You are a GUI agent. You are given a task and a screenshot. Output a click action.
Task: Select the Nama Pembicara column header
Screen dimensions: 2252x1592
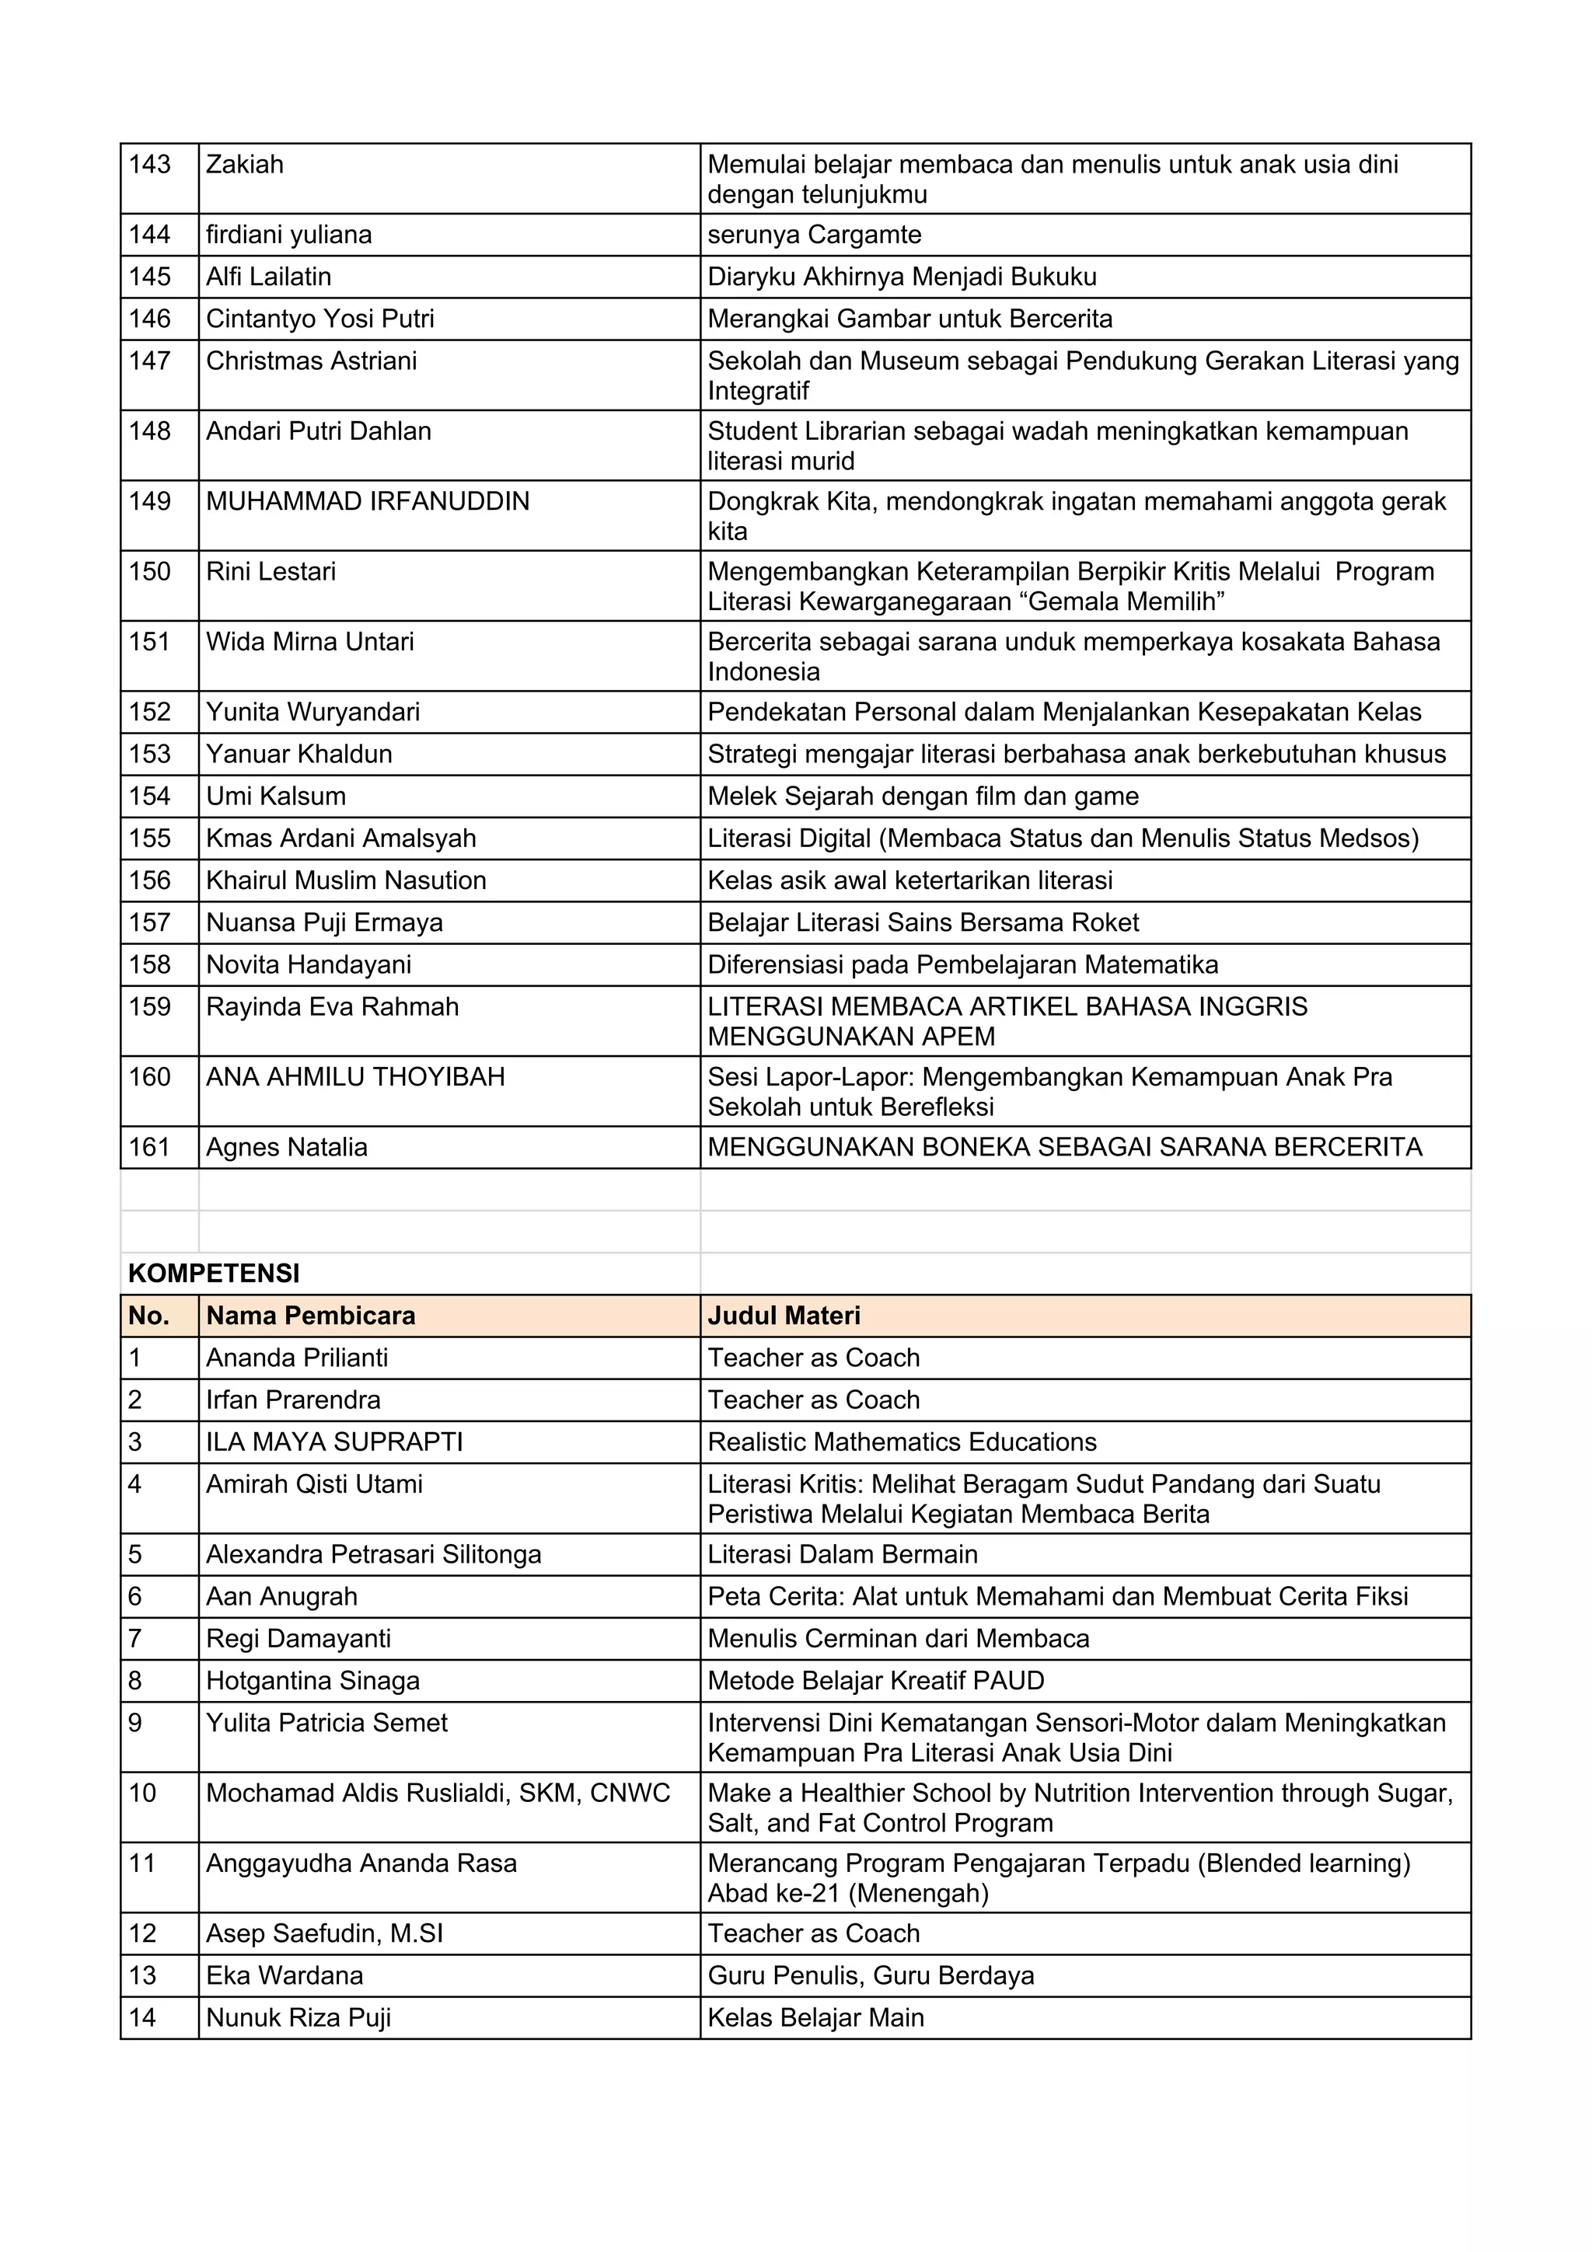tap(310, 1316)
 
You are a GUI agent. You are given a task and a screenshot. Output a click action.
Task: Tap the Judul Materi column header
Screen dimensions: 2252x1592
tap(784, 1316)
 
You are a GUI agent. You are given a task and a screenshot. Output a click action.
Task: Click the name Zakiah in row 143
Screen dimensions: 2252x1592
tap(244, 164)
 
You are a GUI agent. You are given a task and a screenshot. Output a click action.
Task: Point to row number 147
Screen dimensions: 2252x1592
tap(149, 361)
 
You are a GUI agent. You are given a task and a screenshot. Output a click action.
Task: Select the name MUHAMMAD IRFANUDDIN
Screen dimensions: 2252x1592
tap(367, 501)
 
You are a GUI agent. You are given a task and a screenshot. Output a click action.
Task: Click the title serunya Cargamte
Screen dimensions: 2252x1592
tap(814, 235)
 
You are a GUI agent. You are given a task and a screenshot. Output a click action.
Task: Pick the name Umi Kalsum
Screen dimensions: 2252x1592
tap(276, 797)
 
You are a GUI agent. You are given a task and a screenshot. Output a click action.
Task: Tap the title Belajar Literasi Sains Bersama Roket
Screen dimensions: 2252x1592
tap(923, 923)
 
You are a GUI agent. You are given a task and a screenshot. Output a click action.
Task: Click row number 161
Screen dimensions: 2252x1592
tap(149, 1148)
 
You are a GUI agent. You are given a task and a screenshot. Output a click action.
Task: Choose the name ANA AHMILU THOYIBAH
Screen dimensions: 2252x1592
tap(355, 1077)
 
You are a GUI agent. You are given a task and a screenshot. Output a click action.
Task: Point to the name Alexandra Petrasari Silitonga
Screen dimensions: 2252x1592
tap(373, 1555)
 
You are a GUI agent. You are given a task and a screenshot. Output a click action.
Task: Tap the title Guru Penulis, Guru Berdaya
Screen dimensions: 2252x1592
tap(870, 1975)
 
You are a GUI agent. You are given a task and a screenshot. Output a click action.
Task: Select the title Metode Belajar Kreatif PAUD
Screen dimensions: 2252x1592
tap(875, 1680)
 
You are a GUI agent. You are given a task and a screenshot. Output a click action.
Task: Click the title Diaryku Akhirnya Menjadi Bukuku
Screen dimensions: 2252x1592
tap(902, 277)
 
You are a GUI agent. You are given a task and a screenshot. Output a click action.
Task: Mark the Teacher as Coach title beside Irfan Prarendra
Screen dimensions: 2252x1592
tap(813, 1400)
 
